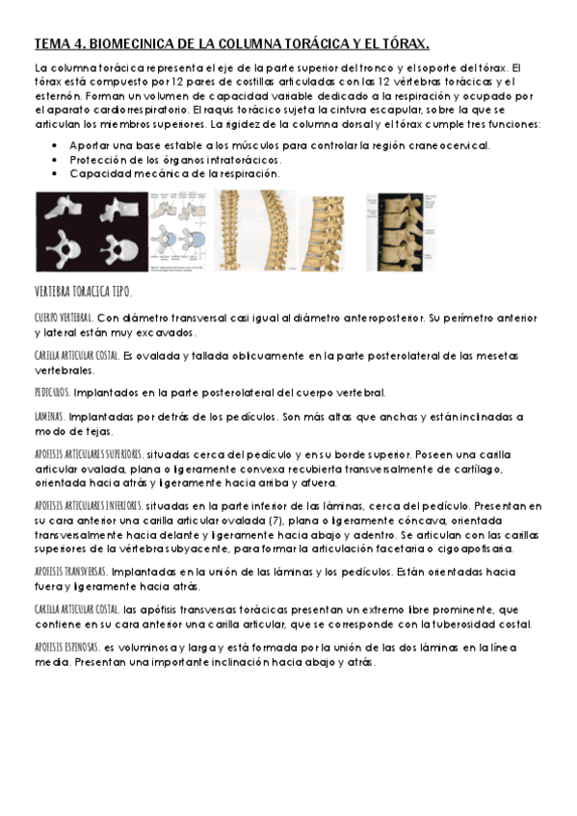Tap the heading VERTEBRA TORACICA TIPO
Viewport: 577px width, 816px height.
[83, 292]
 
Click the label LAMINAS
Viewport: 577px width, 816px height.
[50, 417]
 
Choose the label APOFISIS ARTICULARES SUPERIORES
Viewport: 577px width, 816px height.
[89, 454]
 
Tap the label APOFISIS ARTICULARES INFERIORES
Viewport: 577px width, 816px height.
[89, 504]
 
